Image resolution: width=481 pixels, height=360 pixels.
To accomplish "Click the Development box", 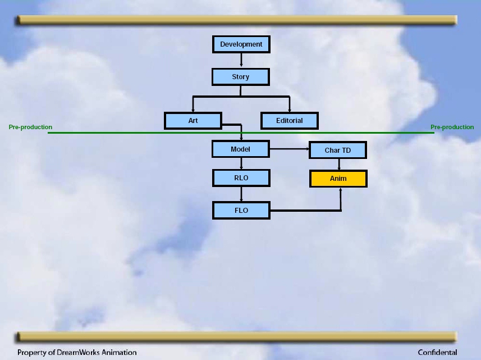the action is click(241, 44).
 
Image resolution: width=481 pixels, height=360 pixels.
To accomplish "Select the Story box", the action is click(241, 77).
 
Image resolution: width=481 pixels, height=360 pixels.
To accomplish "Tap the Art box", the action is click(193, 121).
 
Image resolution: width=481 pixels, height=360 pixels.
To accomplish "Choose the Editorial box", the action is click(290, 121).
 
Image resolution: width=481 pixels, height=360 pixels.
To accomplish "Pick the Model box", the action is click(241, 149).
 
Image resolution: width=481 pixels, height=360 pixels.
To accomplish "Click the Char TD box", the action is click(338, 150).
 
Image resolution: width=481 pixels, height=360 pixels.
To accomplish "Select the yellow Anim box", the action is click(338, 179).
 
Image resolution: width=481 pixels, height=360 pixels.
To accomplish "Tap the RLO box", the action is click(241, 178).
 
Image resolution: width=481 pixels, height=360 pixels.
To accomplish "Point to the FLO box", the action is click(241, 211).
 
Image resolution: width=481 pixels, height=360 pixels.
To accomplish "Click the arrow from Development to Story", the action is click(241, 61).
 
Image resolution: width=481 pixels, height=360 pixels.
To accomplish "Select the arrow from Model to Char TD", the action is click(290, 149).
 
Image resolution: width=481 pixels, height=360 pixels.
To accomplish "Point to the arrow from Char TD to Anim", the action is click(339, 165).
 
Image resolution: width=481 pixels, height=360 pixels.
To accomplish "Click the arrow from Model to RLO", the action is click(241, 163).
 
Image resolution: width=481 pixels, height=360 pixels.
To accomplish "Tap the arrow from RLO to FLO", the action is click(241, 194).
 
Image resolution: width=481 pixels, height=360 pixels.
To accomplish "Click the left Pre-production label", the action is click(30, 127).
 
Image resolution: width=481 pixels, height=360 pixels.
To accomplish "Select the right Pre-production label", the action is click(452, 127).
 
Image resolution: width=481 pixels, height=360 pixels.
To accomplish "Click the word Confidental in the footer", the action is click(437, 352).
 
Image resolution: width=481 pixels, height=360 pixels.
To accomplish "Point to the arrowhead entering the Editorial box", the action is click(290, 110).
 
